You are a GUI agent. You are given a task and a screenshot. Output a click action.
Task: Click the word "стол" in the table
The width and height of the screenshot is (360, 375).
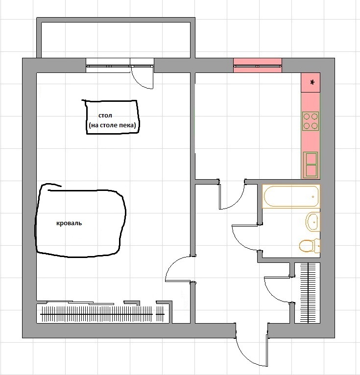(105, 116)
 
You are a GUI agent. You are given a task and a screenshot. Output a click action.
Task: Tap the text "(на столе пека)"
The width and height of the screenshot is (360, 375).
(112, 125)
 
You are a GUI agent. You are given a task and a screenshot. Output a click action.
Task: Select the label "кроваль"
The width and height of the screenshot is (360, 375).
(69, 223)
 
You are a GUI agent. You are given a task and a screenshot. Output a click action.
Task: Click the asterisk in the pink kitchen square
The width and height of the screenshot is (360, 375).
(312, 83)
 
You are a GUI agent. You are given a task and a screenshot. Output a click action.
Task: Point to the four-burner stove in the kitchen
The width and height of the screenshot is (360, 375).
(311, 121)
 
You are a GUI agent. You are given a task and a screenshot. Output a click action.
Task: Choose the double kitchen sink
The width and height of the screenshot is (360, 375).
(311, 165)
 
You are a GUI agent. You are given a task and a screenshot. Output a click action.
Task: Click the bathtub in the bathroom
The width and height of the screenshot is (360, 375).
(291, 196)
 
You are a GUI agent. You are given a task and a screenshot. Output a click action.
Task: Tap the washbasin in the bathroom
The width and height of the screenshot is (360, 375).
(313, 222)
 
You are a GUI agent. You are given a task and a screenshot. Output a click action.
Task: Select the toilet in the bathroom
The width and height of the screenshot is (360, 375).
(310, 246)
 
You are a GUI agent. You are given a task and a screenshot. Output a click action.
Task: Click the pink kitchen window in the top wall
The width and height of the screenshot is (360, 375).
(258, 65)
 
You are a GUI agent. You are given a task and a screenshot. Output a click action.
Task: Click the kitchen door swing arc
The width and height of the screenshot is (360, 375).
(237, 201)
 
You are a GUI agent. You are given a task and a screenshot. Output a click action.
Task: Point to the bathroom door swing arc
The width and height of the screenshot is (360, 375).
(239, 242)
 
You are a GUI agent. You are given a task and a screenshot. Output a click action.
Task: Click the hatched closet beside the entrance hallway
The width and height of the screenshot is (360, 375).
(307, 293)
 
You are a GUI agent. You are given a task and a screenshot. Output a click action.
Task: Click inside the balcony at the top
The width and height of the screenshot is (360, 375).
(116, 40)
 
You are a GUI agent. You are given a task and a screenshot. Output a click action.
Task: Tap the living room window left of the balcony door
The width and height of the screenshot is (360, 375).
(108, 65)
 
